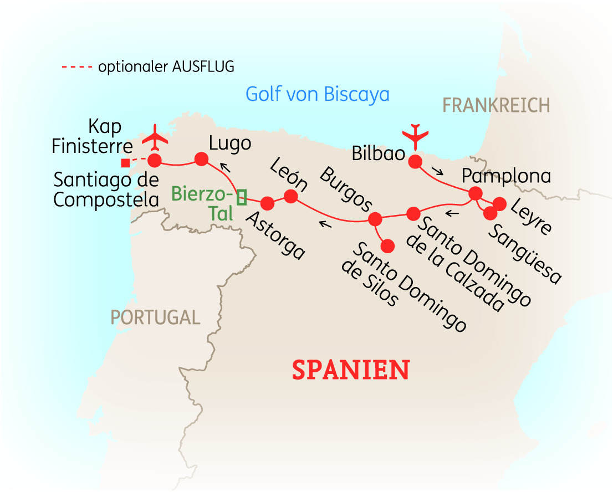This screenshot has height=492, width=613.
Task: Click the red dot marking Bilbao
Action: (415, 162)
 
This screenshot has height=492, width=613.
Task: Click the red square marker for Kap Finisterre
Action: (125, 163)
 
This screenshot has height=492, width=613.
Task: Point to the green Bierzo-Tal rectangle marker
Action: (241, 197)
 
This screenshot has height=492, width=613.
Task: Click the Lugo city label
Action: (230, 143)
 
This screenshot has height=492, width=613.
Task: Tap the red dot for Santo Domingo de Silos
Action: (387, 245)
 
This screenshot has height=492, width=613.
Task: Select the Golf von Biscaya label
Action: (317, 94)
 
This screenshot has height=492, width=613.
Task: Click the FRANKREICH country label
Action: (496, 105)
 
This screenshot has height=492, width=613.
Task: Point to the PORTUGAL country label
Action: (155, 317)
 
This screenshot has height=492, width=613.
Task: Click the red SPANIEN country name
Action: (351, 370)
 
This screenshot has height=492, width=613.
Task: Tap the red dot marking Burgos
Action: (376, 219)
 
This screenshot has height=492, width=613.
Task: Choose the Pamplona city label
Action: (507, 176)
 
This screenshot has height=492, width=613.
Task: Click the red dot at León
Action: (291, 196)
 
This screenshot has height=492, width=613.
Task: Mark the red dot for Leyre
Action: (499, 204)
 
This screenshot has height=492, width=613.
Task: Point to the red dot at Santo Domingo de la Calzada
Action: (413, 214)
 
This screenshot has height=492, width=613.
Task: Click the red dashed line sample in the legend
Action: (77, 68)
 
